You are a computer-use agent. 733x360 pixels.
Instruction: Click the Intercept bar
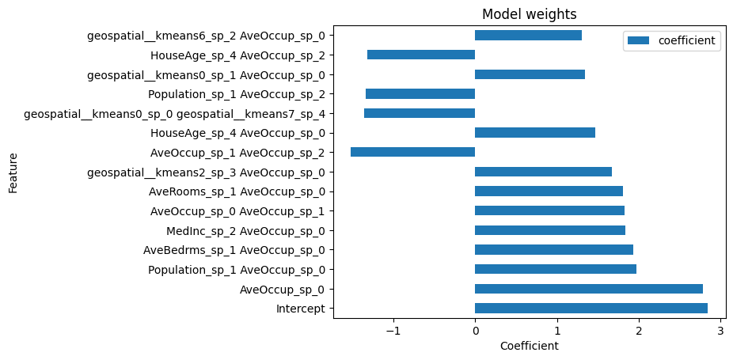coord(591,309)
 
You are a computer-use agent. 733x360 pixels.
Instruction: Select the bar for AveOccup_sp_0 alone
coord(588,289)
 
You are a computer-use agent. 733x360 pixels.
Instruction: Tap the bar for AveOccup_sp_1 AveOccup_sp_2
coord(412,152)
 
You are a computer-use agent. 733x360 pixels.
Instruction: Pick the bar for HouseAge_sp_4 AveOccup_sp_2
coord(421,55)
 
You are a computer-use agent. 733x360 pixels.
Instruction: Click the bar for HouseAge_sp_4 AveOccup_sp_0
coord(534,133)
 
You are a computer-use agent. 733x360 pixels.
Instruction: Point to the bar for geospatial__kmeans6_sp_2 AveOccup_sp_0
coord(528,36)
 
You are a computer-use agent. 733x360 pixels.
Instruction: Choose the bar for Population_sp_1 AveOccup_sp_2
coord(420,93)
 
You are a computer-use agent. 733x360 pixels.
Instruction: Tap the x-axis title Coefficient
coord(529,346)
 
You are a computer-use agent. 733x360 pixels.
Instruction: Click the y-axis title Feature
coord(13,172)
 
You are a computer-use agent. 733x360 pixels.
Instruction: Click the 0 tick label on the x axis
coord(475,331)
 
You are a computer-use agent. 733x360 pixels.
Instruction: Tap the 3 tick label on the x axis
coord(720,331)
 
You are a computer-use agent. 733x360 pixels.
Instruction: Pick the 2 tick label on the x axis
coord(639,331)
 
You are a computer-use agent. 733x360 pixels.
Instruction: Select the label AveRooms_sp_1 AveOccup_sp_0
coord(237,191)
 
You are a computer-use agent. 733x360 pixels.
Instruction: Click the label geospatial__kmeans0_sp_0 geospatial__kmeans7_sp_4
coord(174,113)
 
